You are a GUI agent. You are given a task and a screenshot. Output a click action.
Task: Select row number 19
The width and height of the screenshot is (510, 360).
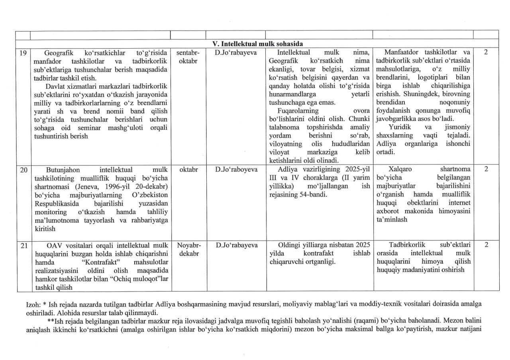pyautogui.click(x=23, y=53)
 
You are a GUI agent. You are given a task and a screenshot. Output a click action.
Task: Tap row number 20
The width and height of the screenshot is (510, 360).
pyautogui.click(x=24, y=169)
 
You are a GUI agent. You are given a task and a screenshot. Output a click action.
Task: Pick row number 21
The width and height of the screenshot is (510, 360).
pyautogui.click(x=24, y=245)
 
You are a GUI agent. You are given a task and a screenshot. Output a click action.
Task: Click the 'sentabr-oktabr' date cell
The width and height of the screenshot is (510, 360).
pyautogui.click(x=188, y=57)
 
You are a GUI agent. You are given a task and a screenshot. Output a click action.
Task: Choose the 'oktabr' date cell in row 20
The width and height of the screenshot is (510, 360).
pyautogui.click(x=188, y=169)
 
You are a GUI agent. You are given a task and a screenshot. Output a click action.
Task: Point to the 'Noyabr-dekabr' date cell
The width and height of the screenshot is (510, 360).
pyautogui.click(x=188, y=249)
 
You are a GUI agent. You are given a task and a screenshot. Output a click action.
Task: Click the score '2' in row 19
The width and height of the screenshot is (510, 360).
pyautogui.click(x=486, y=53)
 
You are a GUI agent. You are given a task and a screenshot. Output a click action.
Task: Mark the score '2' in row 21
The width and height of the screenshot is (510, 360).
pyautogui.click(x=486, y=245)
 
